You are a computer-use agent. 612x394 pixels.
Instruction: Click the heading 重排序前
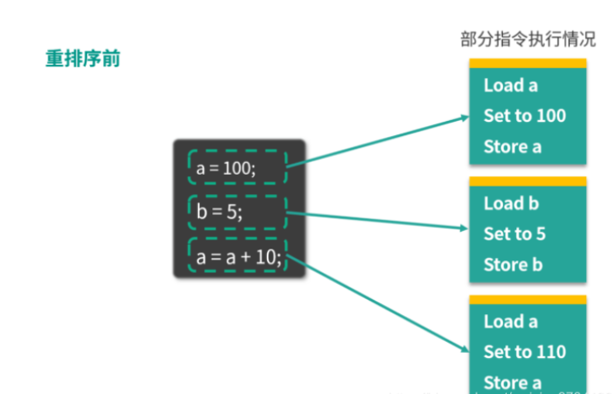[82, 60]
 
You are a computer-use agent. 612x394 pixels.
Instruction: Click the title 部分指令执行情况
[528, 39]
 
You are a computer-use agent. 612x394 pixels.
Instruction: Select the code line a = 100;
[226, 169]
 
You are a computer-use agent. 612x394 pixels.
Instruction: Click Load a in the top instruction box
[510, 85]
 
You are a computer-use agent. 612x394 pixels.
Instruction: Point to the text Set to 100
[525, 116]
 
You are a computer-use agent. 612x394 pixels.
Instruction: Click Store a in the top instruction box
[512, 147]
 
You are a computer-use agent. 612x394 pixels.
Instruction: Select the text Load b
[510, 203]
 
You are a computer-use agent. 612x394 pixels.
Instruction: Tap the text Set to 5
[515, 234]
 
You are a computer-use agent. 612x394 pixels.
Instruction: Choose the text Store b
[512, 265]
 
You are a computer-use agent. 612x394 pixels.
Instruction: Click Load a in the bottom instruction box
[510, 322]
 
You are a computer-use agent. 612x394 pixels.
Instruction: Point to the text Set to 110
[525, 352]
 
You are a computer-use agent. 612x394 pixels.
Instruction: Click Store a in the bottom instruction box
[512, 383]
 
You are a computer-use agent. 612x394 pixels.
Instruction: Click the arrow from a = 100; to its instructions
[378, 140]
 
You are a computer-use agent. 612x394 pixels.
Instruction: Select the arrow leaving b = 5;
[378, 220]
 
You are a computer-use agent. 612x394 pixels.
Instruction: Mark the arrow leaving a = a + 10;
[378, 304]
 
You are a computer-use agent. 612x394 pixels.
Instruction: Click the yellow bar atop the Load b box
[527, 181]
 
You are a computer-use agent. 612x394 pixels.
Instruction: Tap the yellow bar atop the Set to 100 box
[527, 63]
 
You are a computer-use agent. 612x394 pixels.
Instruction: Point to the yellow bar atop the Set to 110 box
[527, 300]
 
